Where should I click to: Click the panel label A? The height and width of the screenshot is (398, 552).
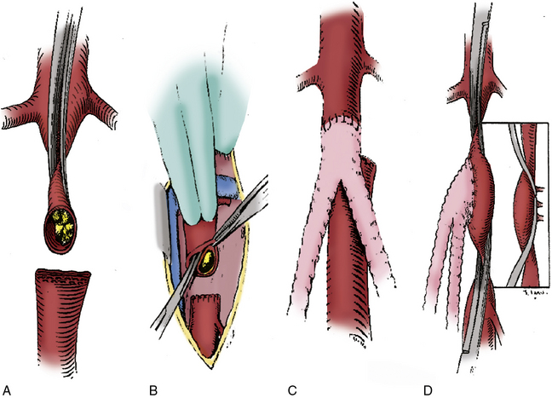[x=6, y=389]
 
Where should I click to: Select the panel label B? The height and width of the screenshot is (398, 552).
[x=154, y=389]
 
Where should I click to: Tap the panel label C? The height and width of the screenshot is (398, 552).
[x=292, y=389]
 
